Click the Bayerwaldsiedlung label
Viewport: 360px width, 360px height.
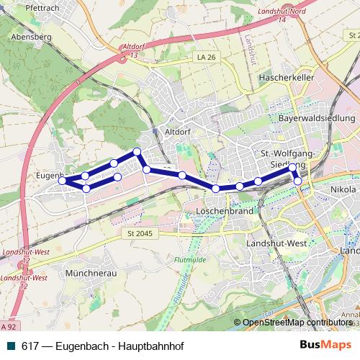pos(317,117)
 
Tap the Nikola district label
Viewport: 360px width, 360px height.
pos(343,189)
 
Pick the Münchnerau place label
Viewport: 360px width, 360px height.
pos(90,274)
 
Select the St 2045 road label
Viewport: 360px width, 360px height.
pos(140,233)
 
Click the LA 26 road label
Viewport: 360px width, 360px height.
pos(206,57)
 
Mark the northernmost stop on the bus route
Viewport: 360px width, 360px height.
pos(137,151)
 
